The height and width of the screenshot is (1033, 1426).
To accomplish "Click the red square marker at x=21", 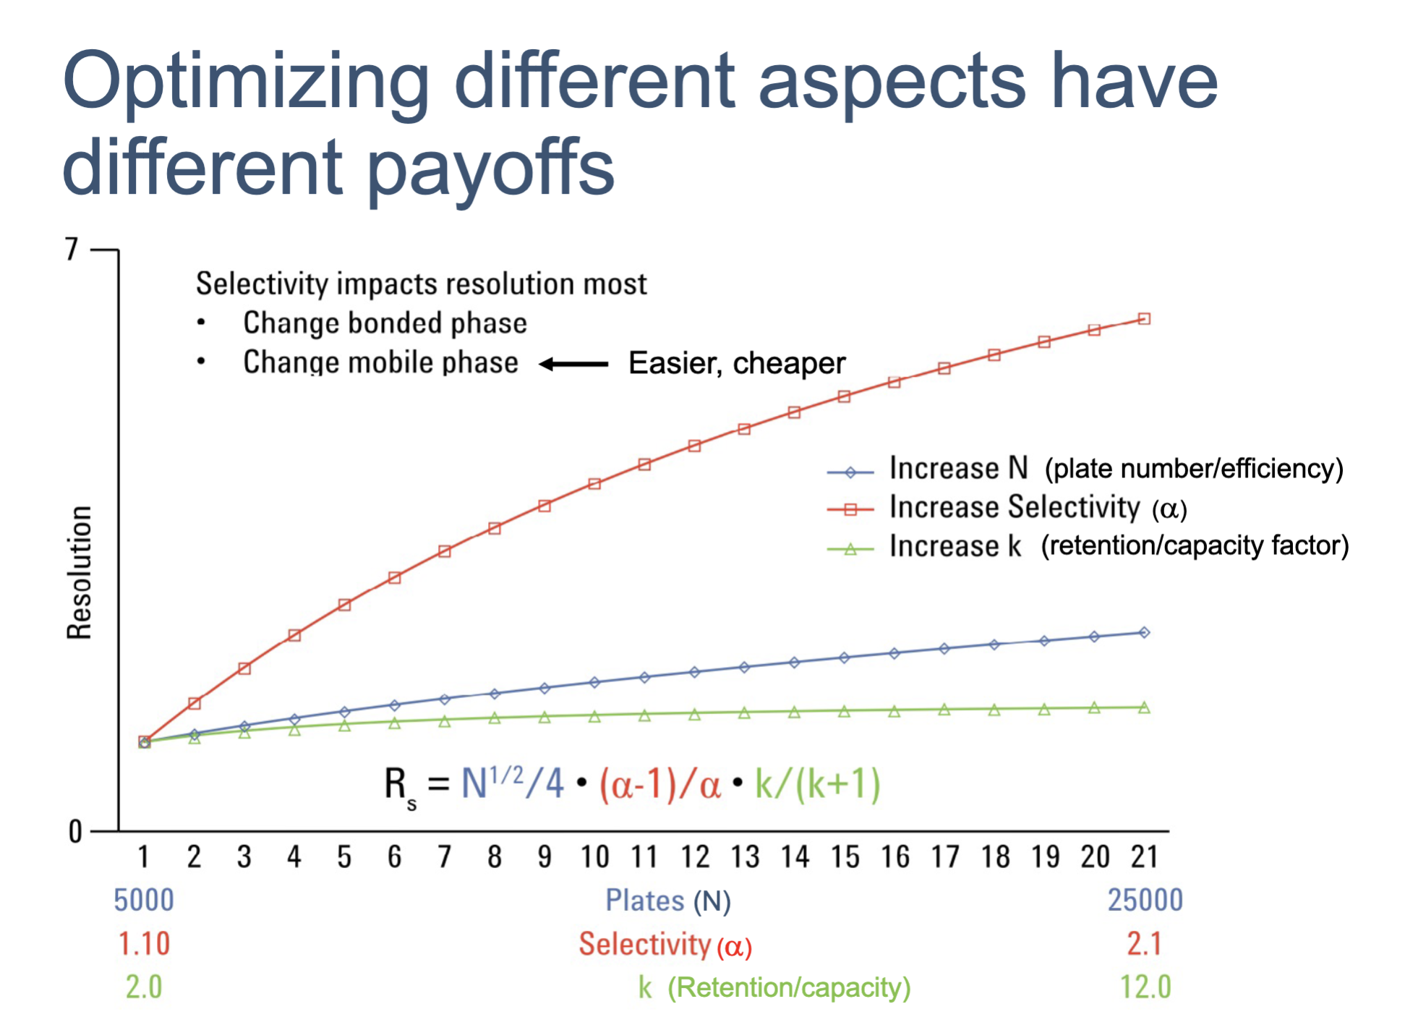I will click(1144, 319).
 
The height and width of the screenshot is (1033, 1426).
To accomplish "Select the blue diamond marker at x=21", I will click(1144, 632).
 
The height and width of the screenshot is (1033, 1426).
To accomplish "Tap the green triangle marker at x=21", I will click(1144, 707).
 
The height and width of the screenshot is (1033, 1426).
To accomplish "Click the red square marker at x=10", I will click(594, 484).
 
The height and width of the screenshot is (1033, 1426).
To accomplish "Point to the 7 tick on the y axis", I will click(72, 250).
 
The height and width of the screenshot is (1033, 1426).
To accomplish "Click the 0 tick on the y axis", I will click(75, 832).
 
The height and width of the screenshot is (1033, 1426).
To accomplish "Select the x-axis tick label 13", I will click(744, 857).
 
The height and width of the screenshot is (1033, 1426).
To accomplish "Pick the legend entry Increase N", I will click(957, 468).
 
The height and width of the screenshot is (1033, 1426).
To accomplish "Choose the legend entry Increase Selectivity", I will click(1014, 507).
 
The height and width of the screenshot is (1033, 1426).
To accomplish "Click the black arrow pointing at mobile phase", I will click(574, 364).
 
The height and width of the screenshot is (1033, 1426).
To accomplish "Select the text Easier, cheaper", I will click(736, 363).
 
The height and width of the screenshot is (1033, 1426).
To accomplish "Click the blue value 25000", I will click(1145, 901).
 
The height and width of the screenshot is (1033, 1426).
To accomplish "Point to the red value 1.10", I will click(144, 944).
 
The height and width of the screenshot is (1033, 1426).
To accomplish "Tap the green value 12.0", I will click(1145, 987).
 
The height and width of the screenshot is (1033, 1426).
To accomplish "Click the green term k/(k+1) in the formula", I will click(817, 783).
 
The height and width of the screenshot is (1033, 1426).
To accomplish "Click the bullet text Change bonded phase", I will click(385, 323).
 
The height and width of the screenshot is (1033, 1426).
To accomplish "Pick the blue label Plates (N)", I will click(667, 901).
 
